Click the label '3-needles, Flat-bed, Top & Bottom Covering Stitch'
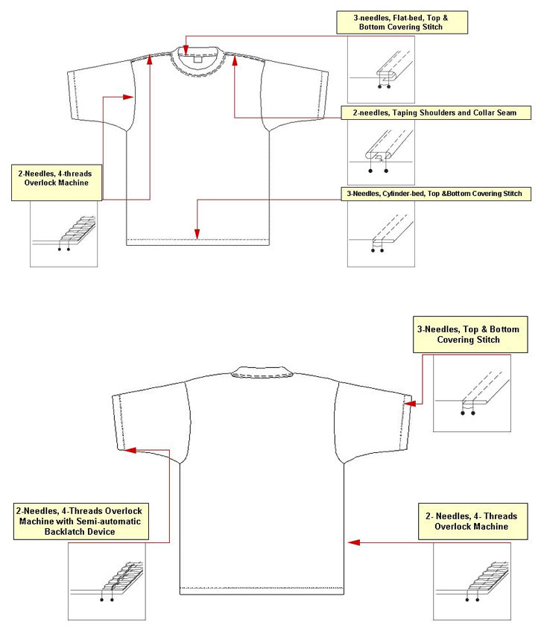402,22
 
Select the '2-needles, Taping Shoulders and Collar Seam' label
436,112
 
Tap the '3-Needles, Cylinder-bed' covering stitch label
436,194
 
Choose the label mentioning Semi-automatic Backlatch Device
81,521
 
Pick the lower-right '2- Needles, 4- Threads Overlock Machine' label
472,521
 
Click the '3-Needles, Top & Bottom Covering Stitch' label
470,334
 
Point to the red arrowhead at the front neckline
186,51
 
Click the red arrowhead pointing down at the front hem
197,234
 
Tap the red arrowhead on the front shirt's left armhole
128,97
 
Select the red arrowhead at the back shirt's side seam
353,542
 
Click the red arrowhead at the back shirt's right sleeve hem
410,404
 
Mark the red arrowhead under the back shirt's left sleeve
130,450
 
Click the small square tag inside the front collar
197,59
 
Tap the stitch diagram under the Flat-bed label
381,69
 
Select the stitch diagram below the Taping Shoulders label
381,153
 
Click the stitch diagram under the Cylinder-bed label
381,234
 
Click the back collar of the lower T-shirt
262,372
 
